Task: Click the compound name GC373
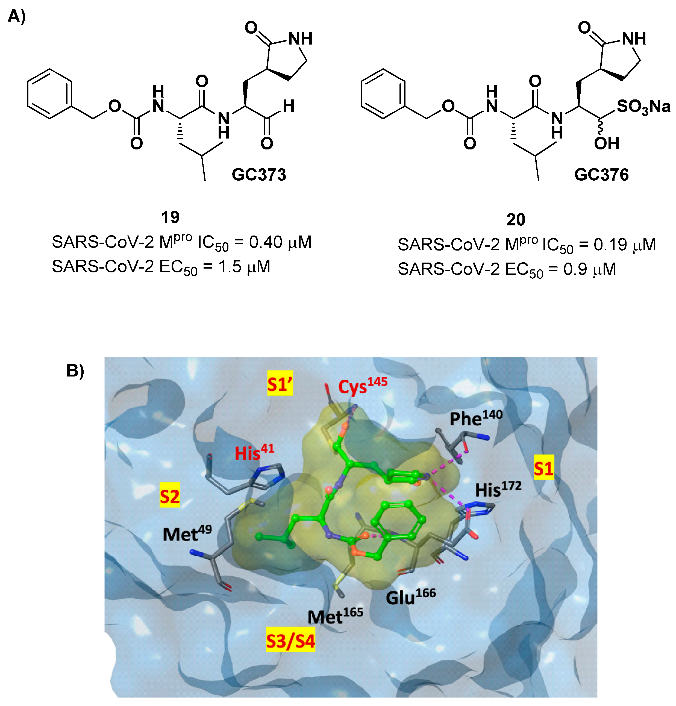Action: [258, 175]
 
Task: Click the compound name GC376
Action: [601, 175]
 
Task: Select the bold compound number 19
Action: [170, 217]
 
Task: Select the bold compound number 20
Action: [516, 219]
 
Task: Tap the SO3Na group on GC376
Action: [643, 107]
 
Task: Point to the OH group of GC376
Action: [607, 143]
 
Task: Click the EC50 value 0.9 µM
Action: [589, 269]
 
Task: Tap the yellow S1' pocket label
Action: [280, 385]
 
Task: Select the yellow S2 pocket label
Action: [170, 496]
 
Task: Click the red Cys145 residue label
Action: [362, 386]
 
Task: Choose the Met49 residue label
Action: [187, 534]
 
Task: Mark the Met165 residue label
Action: [335, 616]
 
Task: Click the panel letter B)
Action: [75, 371]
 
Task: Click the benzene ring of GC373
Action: [49, 94]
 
